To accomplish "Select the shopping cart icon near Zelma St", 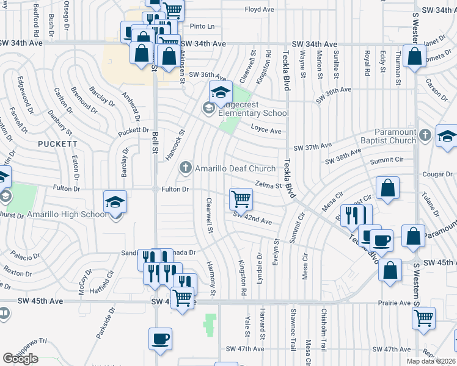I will [x=241, y=198].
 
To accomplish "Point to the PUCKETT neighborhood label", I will [x=57, y=144].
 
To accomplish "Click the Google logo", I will [x=20, y=358].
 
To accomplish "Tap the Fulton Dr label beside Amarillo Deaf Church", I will [x=174, y=189].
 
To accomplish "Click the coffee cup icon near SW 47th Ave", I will [x=161, y=339].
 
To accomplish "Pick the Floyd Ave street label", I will [x=259, y=10].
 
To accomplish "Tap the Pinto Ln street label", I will [x=203, y=26].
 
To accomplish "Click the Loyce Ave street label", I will [x=266, y=131].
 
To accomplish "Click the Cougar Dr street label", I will [x=437, y=174].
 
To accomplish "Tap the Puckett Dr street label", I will [x=134, y=130].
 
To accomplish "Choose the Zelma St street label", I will [x=267, y=184].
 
